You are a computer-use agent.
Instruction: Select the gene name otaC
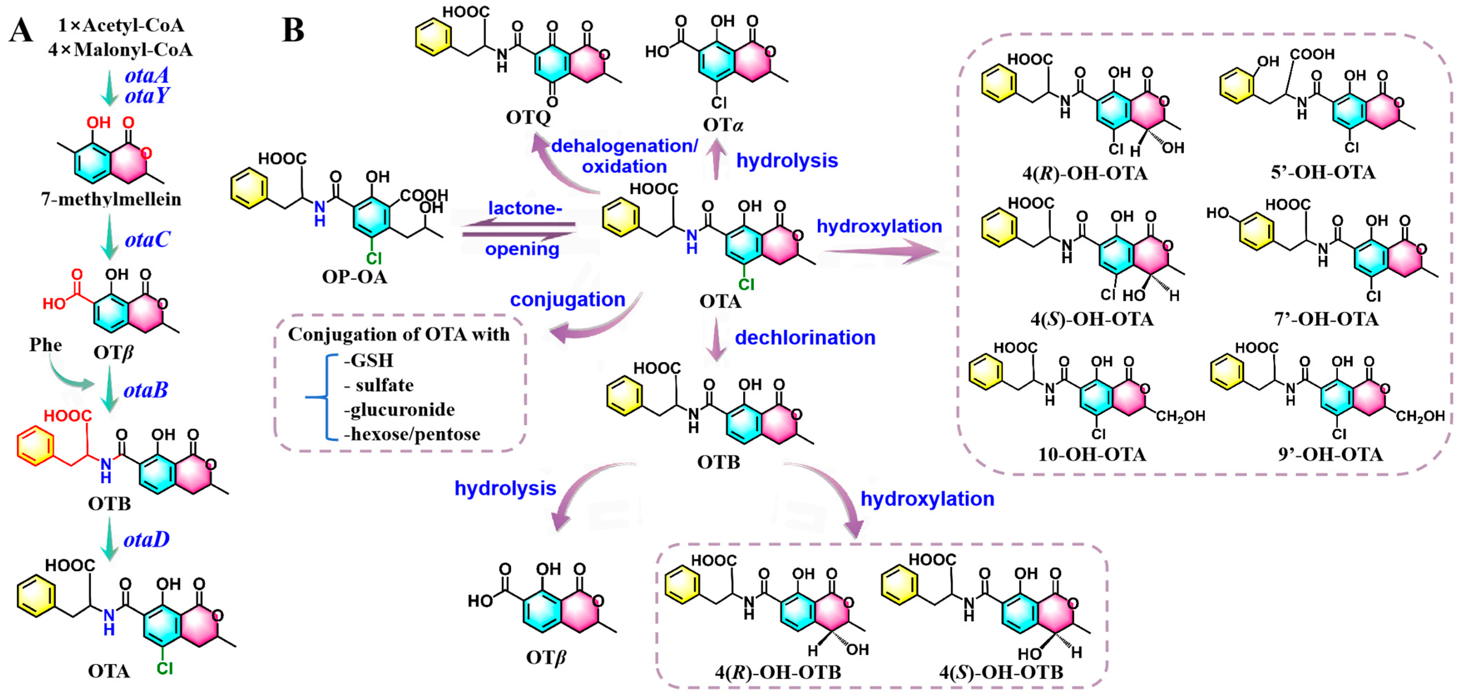click(147, 240)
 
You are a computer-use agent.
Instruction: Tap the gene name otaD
click(146, 539)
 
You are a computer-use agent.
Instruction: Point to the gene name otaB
click(146, 390)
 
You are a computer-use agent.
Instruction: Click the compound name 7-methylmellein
click(111, 199)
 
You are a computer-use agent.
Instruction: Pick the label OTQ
click(528, 117)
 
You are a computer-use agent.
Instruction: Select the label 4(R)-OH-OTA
click(1085, 173)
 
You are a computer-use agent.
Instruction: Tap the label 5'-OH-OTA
click(1323, 172)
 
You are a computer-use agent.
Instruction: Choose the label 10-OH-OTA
click(1092, 454)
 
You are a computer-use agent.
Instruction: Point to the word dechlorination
click(805, 338)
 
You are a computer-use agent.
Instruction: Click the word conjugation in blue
click(567, 300)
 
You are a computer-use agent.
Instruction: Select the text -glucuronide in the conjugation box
click(399, 409)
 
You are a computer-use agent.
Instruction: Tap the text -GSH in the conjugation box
click(369, 360)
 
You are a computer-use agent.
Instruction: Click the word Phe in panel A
click(45, 345)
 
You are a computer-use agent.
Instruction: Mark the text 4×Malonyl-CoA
click(120, 50)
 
